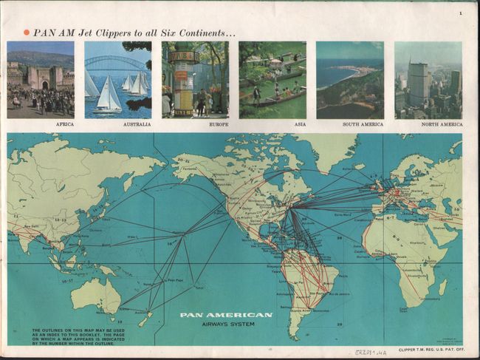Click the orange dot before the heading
point(27,32)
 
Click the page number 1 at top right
point(459,13)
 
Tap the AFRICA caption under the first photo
point(64,124)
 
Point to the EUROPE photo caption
point(219,124)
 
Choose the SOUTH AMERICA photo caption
point(363,124)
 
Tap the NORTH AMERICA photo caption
point(442,124)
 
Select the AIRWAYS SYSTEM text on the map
point(226,324)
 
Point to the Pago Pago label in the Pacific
point(174,280)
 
